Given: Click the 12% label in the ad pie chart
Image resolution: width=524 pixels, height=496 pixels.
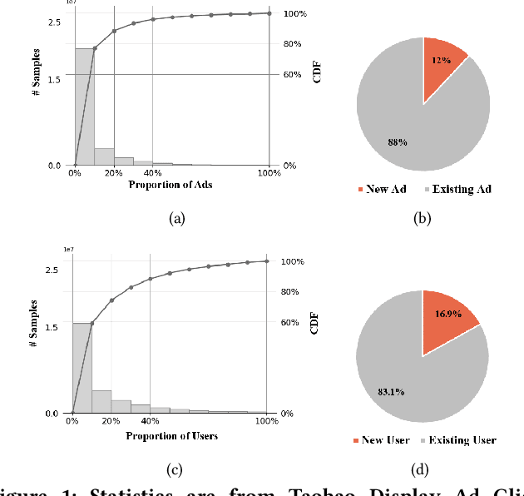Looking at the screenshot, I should click(441, 61).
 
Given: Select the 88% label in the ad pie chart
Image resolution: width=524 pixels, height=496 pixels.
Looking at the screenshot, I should click(398, 142).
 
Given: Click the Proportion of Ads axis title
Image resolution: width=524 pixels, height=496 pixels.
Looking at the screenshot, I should click(171, 185).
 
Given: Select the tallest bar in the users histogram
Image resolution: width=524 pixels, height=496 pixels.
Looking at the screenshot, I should click(82, 368).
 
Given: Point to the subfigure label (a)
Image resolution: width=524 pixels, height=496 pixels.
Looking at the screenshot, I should click(176, 218).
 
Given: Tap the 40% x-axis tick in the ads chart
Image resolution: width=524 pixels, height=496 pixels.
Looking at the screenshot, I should click(153, 173).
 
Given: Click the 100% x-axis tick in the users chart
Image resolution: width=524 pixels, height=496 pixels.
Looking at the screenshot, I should click(266, 421).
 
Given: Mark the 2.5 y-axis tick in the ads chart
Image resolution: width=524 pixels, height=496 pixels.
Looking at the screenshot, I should click(54, 22).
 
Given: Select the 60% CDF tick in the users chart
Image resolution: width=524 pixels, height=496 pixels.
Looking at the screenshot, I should click(288, 323).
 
